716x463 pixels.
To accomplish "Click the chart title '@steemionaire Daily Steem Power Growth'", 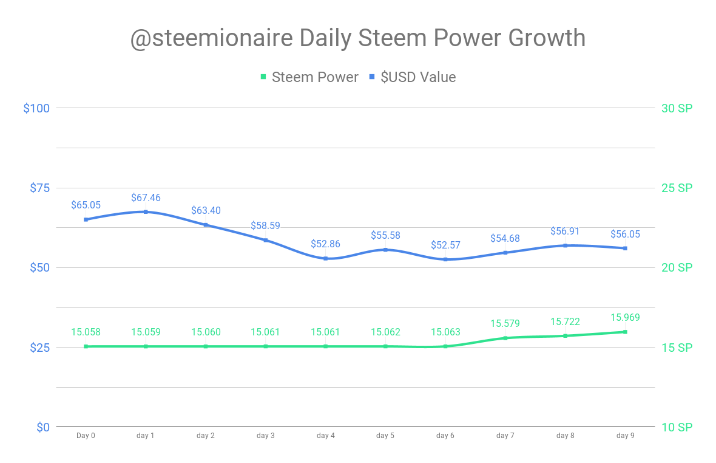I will click(358, 38).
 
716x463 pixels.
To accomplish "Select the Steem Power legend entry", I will click(309, 77).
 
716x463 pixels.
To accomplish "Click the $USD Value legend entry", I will click(413, 77).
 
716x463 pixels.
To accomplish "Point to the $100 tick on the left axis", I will click(36, 108).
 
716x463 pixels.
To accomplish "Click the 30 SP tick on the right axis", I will click(677, 108).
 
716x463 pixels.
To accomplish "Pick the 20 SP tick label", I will click(677, 267).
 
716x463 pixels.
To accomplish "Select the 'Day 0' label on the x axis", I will click(86, 436).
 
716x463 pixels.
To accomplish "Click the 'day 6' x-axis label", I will click(445, 436).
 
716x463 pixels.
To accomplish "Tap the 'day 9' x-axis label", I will click(626, 436).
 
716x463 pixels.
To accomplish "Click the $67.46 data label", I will click(146, 198).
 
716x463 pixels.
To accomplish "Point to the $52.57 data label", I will click(445, 245).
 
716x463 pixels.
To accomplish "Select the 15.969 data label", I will click(625, 317).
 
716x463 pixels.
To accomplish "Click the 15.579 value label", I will click(505, 324).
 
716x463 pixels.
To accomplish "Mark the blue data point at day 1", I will click(146, 212).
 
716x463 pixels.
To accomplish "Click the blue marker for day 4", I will click(326, 259).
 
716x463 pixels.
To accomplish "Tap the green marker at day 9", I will click(625, 332).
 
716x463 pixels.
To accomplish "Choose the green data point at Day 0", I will click(86, 346).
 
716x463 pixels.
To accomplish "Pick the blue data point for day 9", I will click(625, 248).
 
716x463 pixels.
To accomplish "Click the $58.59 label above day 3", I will click(266, 226).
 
